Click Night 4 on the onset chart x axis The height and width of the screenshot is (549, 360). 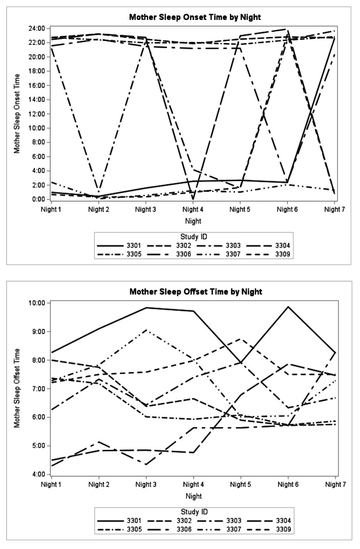[193, 209]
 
